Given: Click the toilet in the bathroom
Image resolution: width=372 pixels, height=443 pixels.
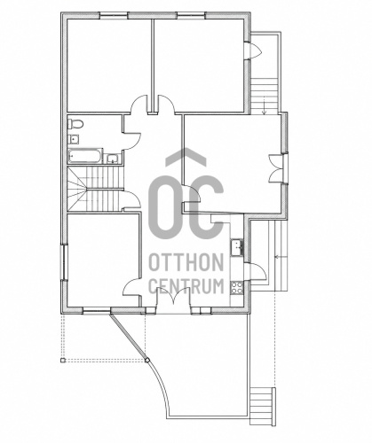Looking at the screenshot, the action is point(75,123).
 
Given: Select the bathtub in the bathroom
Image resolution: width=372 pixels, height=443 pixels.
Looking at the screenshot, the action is point(85,156).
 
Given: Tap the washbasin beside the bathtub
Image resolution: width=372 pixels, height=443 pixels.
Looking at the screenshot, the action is point(112,159).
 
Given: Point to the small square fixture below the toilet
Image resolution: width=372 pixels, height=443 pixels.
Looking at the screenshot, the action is point(74,138).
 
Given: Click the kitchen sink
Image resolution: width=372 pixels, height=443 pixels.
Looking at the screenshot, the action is point(237,247).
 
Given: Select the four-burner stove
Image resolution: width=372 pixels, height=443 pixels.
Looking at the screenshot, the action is point(237,287).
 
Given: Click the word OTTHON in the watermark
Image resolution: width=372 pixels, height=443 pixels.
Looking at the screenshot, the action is point(186,262).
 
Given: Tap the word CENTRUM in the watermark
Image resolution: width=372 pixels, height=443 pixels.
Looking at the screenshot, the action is point(186,286).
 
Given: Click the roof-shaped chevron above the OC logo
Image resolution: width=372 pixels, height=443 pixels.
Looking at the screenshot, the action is point(186,156).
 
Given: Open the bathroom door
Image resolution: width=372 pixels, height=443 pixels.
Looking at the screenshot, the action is point(132,141).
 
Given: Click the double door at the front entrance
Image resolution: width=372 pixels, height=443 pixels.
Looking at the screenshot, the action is point(173,299).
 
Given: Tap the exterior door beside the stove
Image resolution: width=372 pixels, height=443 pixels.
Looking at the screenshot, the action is point(257,272).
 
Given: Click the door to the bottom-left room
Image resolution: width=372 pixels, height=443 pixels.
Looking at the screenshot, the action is point(131,286).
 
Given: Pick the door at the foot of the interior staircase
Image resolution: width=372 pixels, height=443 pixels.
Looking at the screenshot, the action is point(132,199).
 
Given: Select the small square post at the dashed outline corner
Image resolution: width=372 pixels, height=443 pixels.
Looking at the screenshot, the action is point(62,360).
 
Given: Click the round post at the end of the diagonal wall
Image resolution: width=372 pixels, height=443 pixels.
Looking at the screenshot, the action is point(147,360).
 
